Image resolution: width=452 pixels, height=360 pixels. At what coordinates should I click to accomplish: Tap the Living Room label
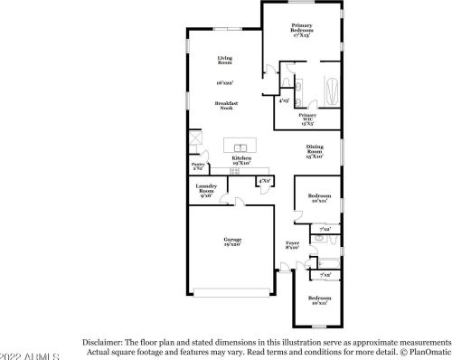click(224, 62)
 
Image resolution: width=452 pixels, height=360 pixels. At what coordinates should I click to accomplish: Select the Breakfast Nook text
click(224, 105)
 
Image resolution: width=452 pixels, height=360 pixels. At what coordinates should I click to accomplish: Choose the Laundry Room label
click(206, 190)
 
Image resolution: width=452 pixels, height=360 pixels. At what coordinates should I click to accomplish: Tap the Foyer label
click(293, 244)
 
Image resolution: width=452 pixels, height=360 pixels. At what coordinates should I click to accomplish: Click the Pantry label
click(198, 166)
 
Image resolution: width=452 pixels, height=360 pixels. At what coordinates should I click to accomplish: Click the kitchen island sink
click(239, 147)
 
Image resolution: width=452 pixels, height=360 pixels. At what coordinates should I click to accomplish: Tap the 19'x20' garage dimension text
click(232, 245)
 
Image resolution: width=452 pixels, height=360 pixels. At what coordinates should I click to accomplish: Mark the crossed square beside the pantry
click(193, 141)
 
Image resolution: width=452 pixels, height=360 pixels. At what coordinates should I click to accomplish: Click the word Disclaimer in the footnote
click(107, 344)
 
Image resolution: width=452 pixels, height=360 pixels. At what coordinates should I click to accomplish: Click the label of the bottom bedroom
click(319, 300)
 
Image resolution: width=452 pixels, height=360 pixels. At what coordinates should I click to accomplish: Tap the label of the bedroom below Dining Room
click(319, 198)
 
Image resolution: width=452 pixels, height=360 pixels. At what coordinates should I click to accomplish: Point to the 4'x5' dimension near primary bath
click(284, 100)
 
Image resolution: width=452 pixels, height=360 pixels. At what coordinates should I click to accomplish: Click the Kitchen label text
click(240, 158)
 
